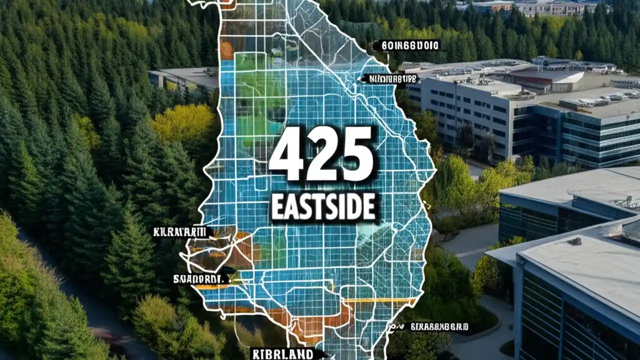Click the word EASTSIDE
tap(323, 207)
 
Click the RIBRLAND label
tap(282, 354)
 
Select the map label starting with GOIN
tap(409, 45)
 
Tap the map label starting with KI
tap(183, 232)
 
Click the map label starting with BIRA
tap(439, 326)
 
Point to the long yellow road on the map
tap(380, 300)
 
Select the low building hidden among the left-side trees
tap(183, 78)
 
